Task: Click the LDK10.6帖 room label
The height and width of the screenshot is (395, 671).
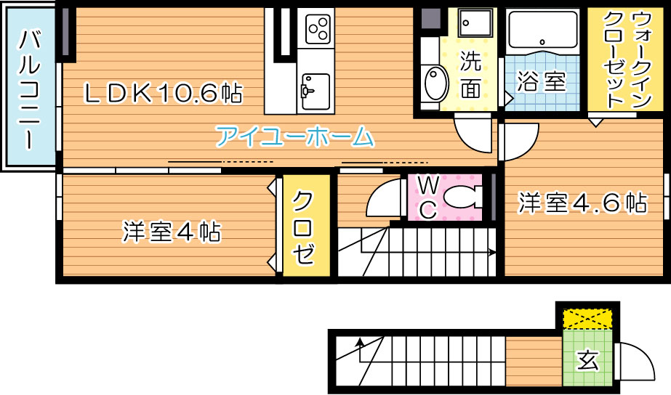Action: (x=163, y=93)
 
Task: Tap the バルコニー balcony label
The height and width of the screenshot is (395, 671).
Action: (x=29, y=89)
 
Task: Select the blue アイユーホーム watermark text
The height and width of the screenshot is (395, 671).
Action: (x=294, y=137)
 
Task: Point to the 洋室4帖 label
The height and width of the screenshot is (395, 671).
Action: (x=172, y=232)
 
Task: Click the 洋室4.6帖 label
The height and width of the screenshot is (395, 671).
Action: (x=582, y=203)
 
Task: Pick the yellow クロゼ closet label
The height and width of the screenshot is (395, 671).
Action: (x=304, y=228)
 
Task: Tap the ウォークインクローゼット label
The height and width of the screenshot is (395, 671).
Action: (x=627, y=60)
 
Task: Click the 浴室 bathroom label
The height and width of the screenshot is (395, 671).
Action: (x=542, y=81)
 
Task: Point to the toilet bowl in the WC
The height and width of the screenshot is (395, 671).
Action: (x=462, y=197)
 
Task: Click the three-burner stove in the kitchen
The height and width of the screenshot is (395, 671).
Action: (x=318, y=28)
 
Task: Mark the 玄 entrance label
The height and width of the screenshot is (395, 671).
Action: (x=587, y=361)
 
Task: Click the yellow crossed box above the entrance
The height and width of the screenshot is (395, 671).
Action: (x=587, y=319)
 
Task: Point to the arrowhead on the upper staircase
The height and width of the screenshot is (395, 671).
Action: (x=493, y=253)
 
